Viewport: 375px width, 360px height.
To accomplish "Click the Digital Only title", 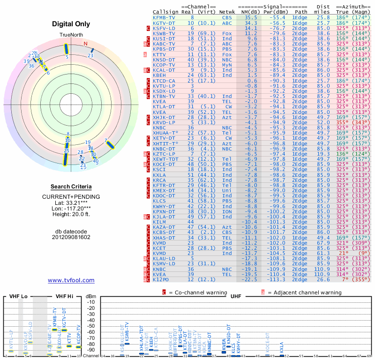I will (71, 24).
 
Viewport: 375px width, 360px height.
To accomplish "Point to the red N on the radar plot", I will (85, 44).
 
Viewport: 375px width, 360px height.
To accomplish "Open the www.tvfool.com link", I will (71, 280).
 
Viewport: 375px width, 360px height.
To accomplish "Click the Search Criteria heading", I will (71, 187).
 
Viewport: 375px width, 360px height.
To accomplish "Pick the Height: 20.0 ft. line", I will (71, 215).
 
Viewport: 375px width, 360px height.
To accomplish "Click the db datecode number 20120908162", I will (71, 237).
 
